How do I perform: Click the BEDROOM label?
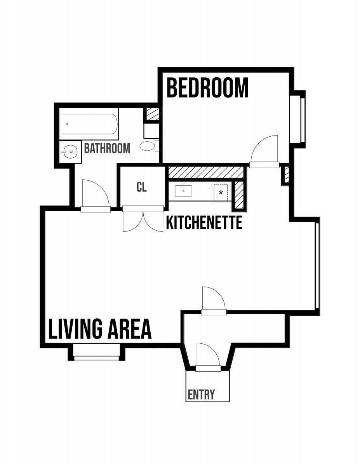(x=207, y=88)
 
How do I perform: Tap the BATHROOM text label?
(x=107, y=148)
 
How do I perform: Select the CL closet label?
(x=141, y=187)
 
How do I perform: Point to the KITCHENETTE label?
(x=204, y=223)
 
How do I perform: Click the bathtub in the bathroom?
(x=89, y=124)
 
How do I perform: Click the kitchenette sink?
(x=183, y=191)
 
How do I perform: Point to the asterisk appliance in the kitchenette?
(x=221, y=193)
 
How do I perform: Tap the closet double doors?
(x=143, y=219)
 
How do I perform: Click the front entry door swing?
(x=208, y=357)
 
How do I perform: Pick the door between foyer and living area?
(x=214, y=301)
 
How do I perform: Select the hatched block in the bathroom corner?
(x=153, y=114)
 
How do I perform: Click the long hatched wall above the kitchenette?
(x=206, y=172)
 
